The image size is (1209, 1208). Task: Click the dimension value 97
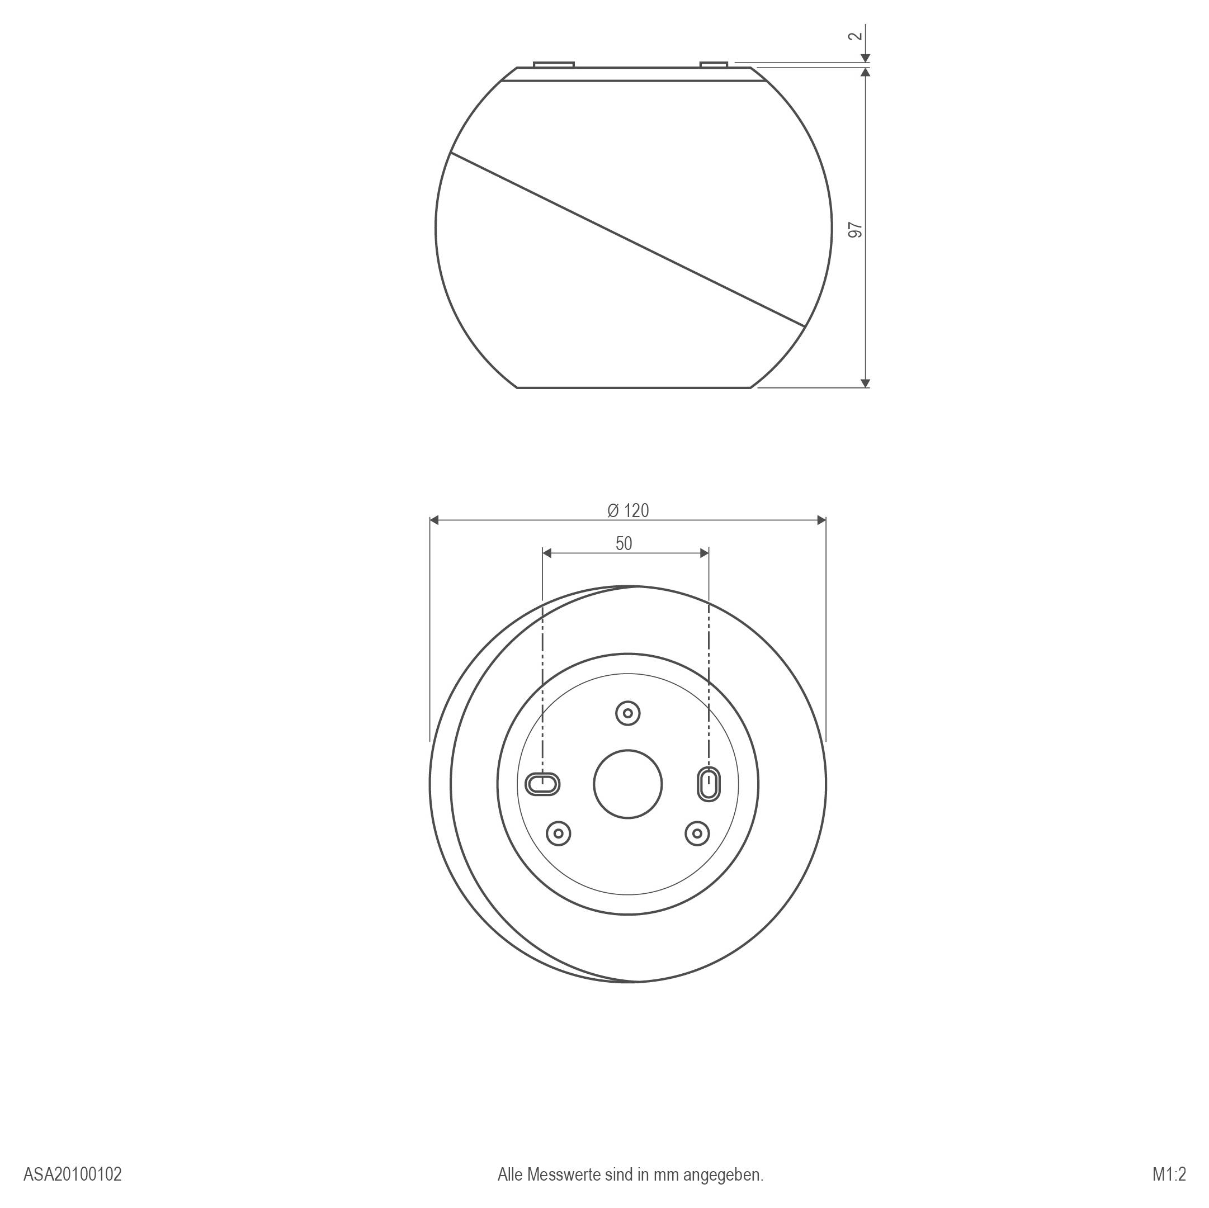[856, 230]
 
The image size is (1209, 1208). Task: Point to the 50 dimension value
[624, 544]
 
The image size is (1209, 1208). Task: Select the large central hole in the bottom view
[627, 784]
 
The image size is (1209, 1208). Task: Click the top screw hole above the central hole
[627, 713]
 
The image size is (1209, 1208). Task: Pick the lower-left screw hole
[558, 833]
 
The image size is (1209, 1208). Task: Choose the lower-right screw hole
[697, 833]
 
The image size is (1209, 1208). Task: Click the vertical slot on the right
[709, 783]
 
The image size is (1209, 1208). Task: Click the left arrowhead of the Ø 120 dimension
[435, 520]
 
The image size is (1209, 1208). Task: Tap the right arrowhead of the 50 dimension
[705, 553]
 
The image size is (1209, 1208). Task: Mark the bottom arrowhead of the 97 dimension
[866, 383]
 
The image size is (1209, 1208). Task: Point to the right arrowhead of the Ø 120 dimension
[821, 520]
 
